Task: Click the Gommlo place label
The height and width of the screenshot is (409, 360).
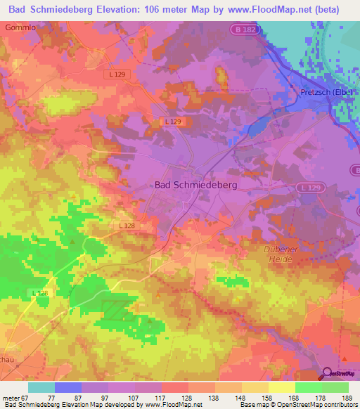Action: pos(19,27)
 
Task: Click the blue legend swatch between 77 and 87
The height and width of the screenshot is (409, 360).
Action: pos(68,387)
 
